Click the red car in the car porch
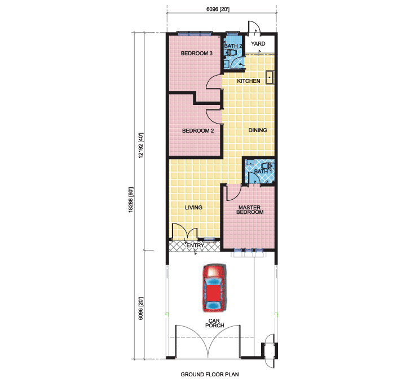pyautogui.click(x=214, y=288)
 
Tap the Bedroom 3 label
pyautogui.click(x=197, y=54)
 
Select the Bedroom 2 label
pyautogui.click(x=198, y=130)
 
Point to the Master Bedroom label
pyautogui.click(x=250, y=210)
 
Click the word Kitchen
pyautogui.click(x=249, y=81)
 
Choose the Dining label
pyautogui.click(x=258, y=130)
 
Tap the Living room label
pyautogui.click(x=193, y=207)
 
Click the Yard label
pyautogui.click(x=258, y=43)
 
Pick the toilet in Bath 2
pyautogui.click(x=232, y=52)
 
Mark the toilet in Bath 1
pyautogui.click(x=267, y=166)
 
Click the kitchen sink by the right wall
pyautogui.click(x=270, y=77)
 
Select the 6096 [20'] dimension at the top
pyautogui.click(x=218, y=10)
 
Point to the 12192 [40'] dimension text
pyautogui.click(x=140, y=146)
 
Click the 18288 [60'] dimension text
pyautogui.click(x=131, y=200)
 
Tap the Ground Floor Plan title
pyautogui.click(x=210, y=374)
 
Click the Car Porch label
pyautogui.click(x=214, y=323)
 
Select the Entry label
pyautogui.click(x=195, y=245)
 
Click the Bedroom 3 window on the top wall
pyautogui.click(x=195, y=33)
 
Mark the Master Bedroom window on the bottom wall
pyautogui.click(x=249, y=251)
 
